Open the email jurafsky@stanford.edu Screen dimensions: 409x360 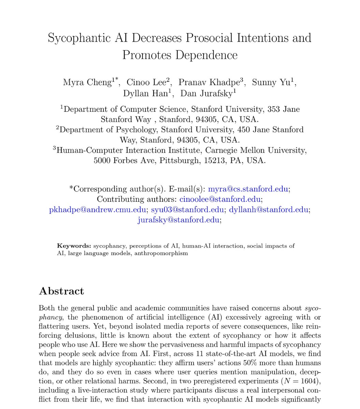178,220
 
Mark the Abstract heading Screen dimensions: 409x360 61,291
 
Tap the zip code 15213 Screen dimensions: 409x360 216,160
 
